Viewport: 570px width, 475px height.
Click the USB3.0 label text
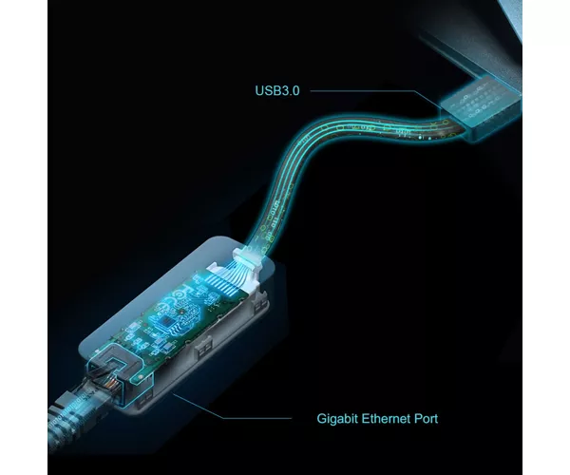pos(277,90)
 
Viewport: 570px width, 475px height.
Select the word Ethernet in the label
pos(386,418)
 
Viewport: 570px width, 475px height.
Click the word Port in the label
pos(426,419)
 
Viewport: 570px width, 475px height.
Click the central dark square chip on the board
pos(168,320)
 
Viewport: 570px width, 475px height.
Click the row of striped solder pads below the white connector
pos(225,283)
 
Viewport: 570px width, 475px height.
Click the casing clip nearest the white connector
pos(261,304)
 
